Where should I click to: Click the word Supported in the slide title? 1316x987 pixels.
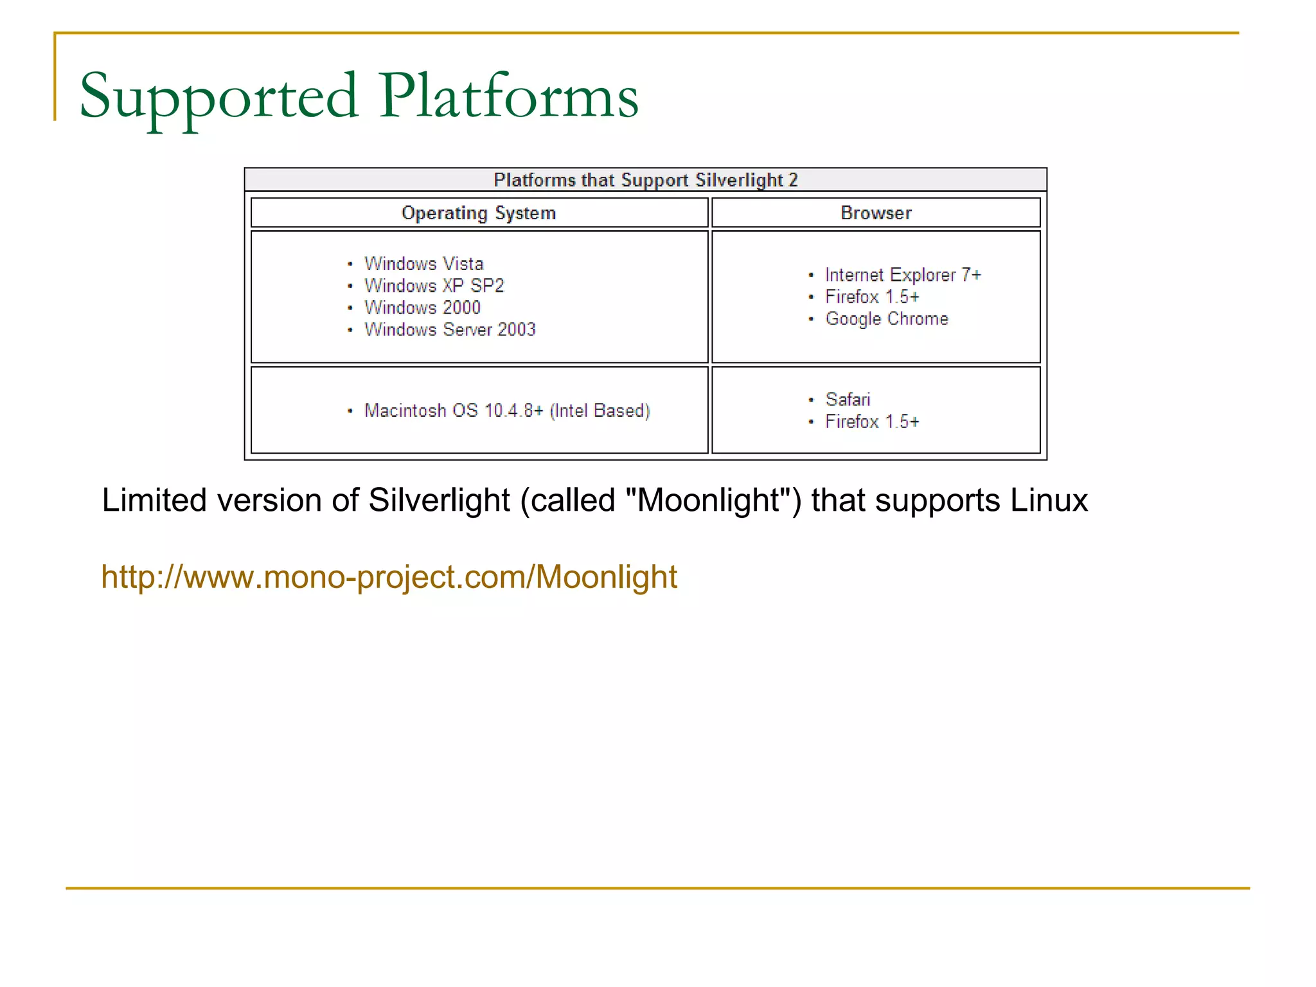pyautogui.click(x=218, y=96)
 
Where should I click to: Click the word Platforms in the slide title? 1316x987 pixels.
pyautogui.click(x=508, y=96)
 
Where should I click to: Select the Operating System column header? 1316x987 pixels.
pyautogui.click(x=479, y=213)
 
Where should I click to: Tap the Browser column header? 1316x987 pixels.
pyautogui.click(x=876, y=213)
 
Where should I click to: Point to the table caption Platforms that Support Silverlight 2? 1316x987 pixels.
pyautogui.click(x=645, y=180)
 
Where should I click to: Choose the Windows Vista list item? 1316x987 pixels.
pyautogui.click(x=423, y=263)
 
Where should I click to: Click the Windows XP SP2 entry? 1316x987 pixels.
pyautogui.click(x=434, y=285)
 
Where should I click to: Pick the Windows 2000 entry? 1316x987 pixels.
pyautogui.click(x=422, y=307)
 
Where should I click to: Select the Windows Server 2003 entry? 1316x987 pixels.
pyautogui.click(x=450, y=329)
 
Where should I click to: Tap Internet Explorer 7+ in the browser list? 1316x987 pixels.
pyautogui.click(x=903, y=275)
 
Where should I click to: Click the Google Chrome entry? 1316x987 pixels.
pyautogui.click(x=887, y=319)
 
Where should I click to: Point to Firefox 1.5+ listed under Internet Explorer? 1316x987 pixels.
pyautogui.click(x=872, y=297)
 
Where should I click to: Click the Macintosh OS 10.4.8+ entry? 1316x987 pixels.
pyautogui.click(x=507, y=411)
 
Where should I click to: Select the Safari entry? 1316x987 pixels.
pyautogui.click(x=848, y=400)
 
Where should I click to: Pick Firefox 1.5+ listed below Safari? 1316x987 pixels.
pyautogui.click(x=872, y=422)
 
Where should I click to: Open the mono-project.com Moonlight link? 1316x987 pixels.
pyautogui.click(x=389, y=576)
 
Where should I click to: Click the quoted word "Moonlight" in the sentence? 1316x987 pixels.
pyautogui.click(x=708, y=500)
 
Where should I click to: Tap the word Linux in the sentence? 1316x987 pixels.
pyautogui.click(x=1049, y=500)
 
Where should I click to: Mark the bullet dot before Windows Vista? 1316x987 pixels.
pyautogui.click(x=350, y=264)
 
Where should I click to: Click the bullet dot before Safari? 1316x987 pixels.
pyautogui.click(x=811, y=400)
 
